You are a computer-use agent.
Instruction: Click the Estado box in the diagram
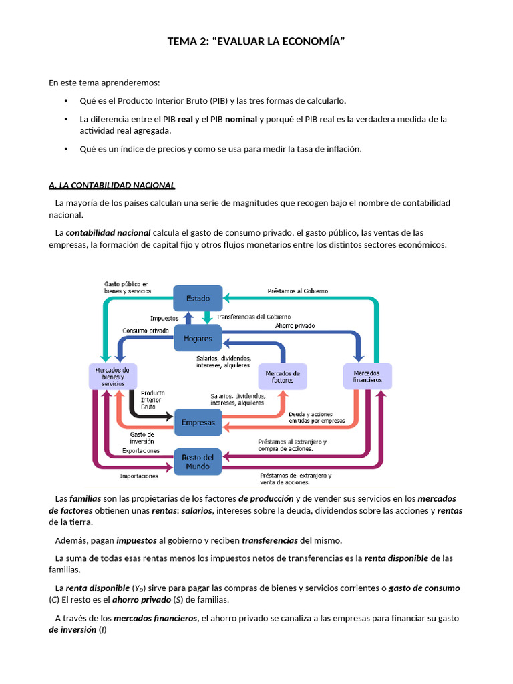(x=198, y=298)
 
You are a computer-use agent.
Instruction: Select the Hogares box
(x=198, y=338)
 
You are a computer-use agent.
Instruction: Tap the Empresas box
(x=198, y=423)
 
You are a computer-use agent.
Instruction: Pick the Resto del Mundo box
(x=198, y=462)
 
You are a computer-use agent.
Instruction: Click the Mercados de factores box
(x=282, y=377)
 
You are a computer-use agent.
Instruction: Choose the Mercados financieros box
(x=367, y=376)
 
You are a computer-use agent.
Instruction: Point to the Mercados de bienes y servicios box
(x=113, y=377)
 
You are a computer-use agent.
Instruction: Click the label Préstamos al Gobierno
(x=297, y=291)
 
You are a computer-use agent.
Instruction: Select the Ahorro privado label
(x=295, y=326)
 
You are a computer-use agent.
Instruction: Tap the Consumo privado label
(x=146, y=331)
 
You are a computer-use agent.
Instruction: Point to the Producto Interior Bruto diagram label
(x=152, y=399)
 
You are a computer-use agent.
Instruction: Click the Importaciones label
(x=139, y=476)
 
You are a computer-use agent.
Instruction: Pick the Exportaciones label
(x=141, y=451)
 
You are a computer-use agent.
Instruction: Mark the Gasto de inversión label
(x=142, y=438)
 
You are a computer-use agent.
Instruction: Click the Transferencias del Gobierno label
(x=254, y=317)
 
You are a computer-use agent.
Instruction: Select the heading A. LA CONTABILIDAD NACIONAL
(x=112, y=185)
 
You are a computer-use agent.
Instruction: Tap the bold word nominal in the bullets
(x=241, y=119)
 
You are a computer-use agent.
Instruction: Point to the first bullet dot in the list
(x=66, y=101)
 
